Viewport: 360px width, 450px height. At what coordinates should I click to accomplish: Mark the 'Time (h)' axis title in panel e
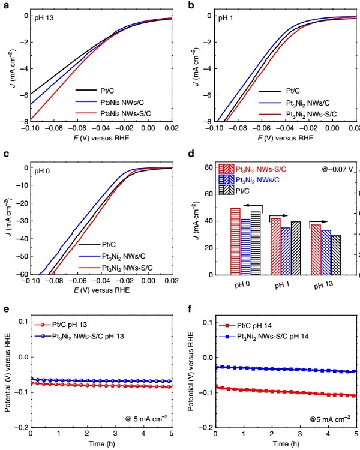click(x=101, y=444)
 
